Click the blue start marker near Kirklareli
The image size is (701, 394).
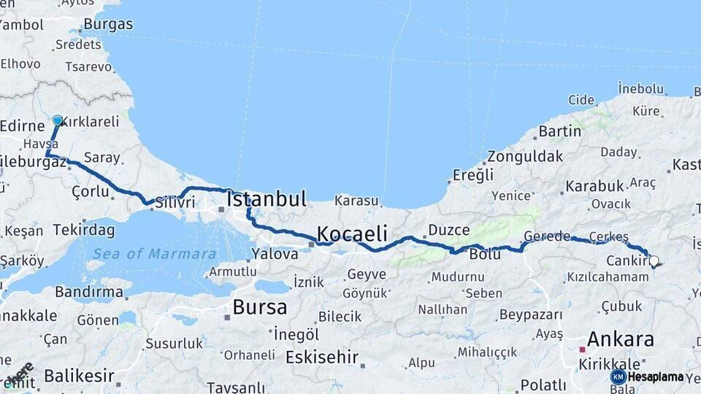click(58, 120)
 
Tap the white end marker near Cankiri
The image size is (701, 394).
click(654, 260)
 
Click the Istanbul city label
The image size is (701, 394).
click(266, 199)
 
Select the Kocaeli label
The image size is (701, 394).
click(351, 234)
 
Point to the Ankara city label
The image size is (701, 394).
click(620, 339)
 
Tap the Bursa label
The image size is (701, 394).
click(259, 307)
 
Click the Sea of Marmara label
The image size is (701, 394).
click(154, 254)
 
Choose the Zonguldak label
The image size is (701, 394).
click(525, 156)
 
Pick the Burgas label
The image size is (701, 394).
click(108, 24)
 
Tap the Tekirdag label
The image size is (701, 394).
click(85, 231)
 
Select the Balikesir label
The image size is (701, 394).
click(79, 376)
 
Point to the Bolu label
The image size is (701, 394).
click(485, 254)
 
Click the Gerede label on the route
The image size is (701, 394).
click(547, 237)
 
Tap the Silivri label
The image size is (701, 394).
click(175, 202)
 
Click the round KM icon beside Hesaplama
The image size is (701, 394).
click(618, 377)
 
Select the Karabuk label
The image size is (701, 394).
click(594, 186)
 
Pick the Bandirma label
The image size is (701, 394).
click(89, 292)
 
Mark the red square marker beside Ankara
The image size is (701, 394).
click(582, 349)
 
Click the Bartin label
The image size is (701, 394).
click(559, 131)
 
